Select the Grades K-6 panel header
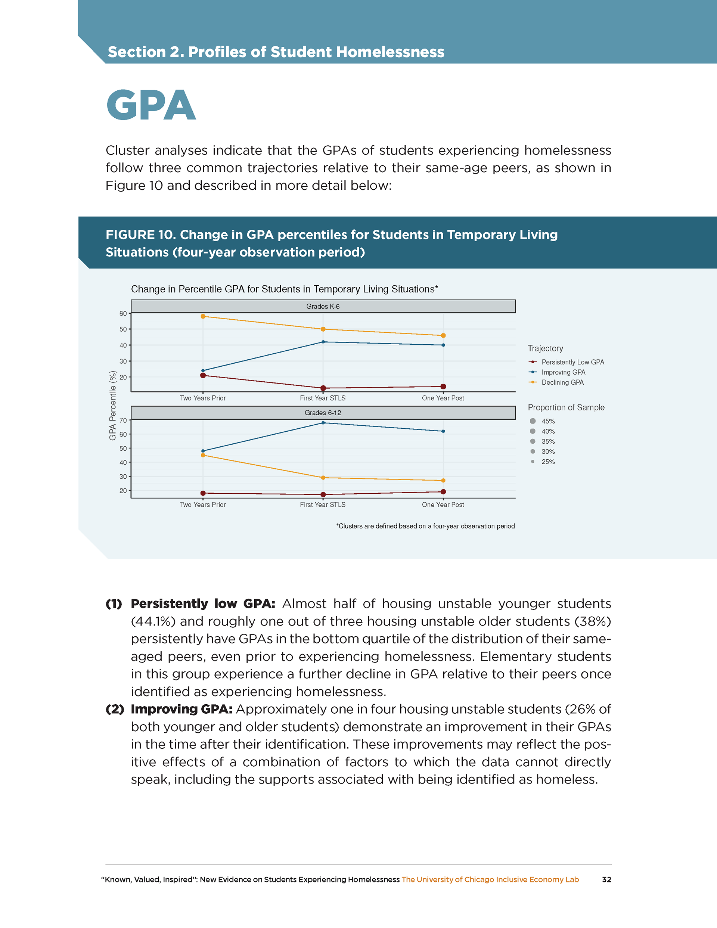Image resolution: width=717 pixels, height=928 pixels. [323, 306]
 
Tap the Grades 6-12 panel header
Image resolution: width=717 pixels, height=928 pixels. [323, 413]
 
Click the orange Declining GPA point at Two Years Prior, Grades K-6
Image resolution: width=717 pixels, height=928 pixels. [203, 317]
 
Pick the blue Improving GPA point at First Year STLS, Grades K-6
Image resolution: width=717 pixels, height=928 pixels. [323, 342]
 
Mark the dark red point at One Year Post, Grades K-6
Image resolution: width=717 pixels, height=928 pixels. [443, 387]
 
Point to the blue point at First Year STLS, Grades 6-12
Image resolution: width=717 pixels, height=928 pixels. [323, 423]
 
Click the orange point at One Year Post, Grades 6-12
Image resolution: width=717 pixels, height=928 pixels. [443, 481]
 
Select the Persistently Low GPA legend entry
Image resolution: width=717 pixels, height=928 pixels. [572, 362]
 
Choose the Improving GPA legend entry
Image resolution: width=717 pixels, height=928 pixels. [563, 372]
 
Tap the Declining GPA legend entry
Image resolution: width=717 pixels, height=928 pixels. [562, 382]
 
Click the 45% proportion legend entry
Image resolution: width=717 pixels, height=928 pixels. [547, 421]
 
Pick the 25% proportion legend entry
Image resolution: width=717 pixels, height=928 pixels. [547, 462]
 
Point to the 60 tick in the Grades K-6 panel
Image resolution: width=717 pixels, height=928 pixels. [123, 314]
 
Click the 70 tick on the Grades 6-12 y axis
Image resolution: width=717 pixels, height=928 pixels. [123, 420]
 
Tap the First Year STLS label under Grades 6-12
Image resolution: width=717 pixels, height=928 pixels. [323, 505]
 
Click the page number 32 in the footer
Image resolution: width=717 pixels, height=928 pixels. [606, 879]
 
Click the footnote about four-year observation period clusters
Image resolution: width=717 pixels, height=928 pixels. [425, 526]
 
